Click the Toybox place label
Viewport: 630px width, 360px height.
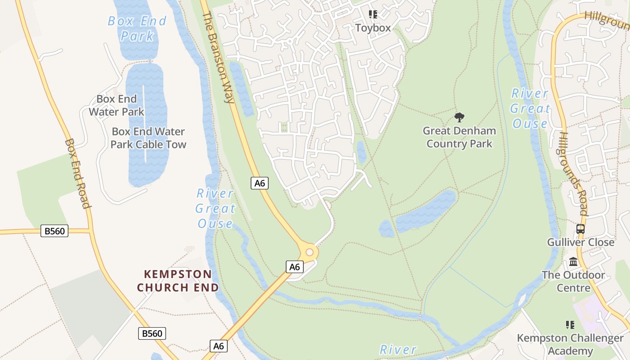373,28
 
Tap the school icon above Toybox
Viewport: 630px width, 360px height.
373,14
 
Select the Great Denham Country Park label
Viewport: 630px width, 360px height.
459,137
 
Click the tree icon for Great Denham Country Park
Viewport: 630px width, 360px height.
459,117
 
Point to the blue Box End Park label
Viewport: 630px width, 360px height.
137,28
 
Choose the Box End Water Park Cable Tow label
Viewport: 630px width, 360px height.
148,138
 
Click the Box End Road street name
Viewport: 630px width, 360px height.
78,173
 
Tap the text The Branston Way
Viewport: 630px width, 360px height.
219,57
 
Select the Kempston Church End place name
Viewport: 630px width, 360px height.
178,281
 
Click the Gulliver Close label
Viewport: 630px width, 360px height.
580,242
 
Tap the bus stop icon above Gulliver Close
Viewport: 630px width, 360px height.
580,229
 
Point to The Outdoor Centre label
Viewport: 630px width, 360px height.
573,281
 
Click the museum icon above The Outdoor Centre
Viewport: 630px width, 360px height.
573,261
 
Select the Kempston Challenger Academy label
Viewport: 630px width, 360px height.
570,344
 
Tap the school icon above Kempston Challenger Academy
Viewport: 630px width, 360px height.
570,324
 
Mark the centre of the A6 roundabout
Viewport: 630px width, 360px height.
310,252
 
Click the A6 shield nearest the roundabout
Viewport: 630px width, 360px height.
294,267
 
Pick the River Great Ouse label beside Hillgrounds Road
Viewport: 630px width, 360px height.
530,108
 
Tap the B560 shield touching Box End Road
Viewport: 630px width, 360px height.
55,231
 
